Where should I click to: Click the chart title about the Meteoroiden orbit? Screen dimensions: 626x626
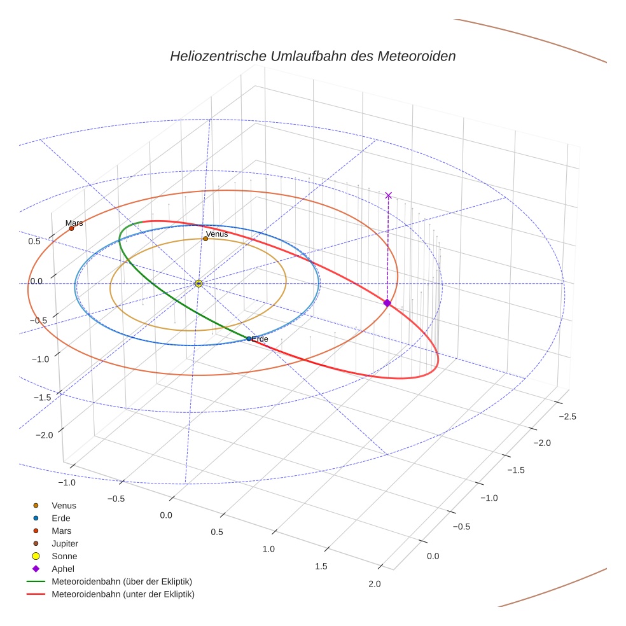click(x=312, y=56)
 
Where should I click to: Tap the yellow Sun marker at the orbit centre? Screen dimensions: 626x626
click(x=198, y=283)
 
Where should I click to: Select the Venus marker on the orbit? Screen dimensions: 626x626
click(x=205, y=239)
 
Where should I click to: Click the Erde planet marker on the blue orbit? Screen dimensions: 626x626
click(x=249, y=338)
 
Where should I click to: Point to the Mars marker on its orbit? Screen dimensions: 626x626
click(x=71, y=228)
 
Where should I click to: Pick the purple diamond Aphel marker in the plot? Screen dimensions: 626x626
click(x=387, y=303)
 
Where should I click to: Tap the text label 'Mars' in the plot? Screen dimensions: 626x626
click(x=74, y=223)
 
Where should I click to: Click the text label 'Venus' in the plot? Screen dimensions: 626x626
click(x=217, y=234)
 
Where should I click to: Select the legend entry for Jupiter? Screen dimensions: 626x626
click(x=64, y=543)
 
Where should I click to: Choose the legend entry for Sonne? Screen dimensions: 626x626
click(x=64, y=556)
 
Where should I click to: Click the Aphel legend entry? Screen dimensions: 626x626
click(x=63, y=569)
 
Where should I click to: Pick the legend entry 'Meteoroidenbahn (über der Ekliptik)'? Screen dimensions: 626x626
click(x=122, y=581)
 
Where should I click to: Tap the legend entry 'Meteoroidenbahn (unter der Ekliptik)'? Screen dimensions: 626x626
click(x=123, y=594)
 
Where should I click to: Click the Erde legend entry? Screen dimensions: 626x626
click(x=60, y=518)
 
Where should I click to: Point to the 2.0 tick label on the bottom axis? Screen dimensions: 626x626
click(x=375, y=584)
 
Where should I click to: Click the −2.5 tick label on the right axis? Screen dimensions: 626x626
click(x=566, y=417)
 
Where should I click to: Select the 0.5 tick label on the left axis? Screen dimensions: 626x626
click(x=35, y=241)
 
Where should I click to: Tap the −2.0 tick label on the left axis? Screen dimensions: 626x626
click(x=43, y=435)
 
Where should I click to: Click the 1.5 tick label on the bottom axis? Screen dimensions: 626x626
click(x=321, y=566)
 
